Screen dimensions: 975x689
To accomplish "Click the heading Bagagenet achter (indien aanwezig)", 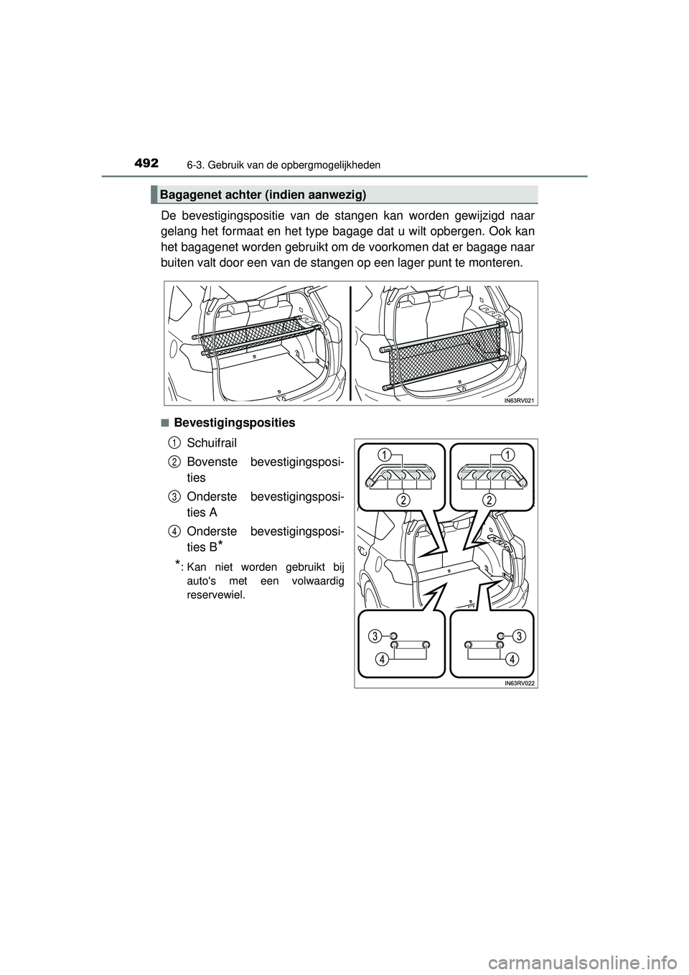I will click(x=263, y=195).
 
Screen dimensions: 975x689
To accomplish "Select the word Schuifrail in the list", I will click(x=211, y=441).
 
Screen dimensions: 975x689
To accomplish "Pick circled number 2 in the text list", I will click(x=174, y=460).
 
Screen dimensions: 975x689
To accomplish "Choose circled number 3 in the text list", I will click(x=174, y=496).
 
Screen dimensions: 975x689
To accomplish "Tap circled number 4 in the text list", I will click(x=174, y=531).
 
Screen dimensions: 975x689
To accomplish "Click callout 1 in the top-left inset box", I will click(x=385, y=454).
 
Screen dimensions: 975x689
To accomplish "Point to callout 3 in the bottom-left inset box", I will click(x=375, y=635).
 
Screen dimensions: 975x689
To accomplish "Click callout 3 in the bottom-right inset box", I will click(x=519, y=635).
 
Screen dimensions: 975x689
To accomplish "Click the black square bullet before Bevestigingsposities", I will click(x=164, y=423).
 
